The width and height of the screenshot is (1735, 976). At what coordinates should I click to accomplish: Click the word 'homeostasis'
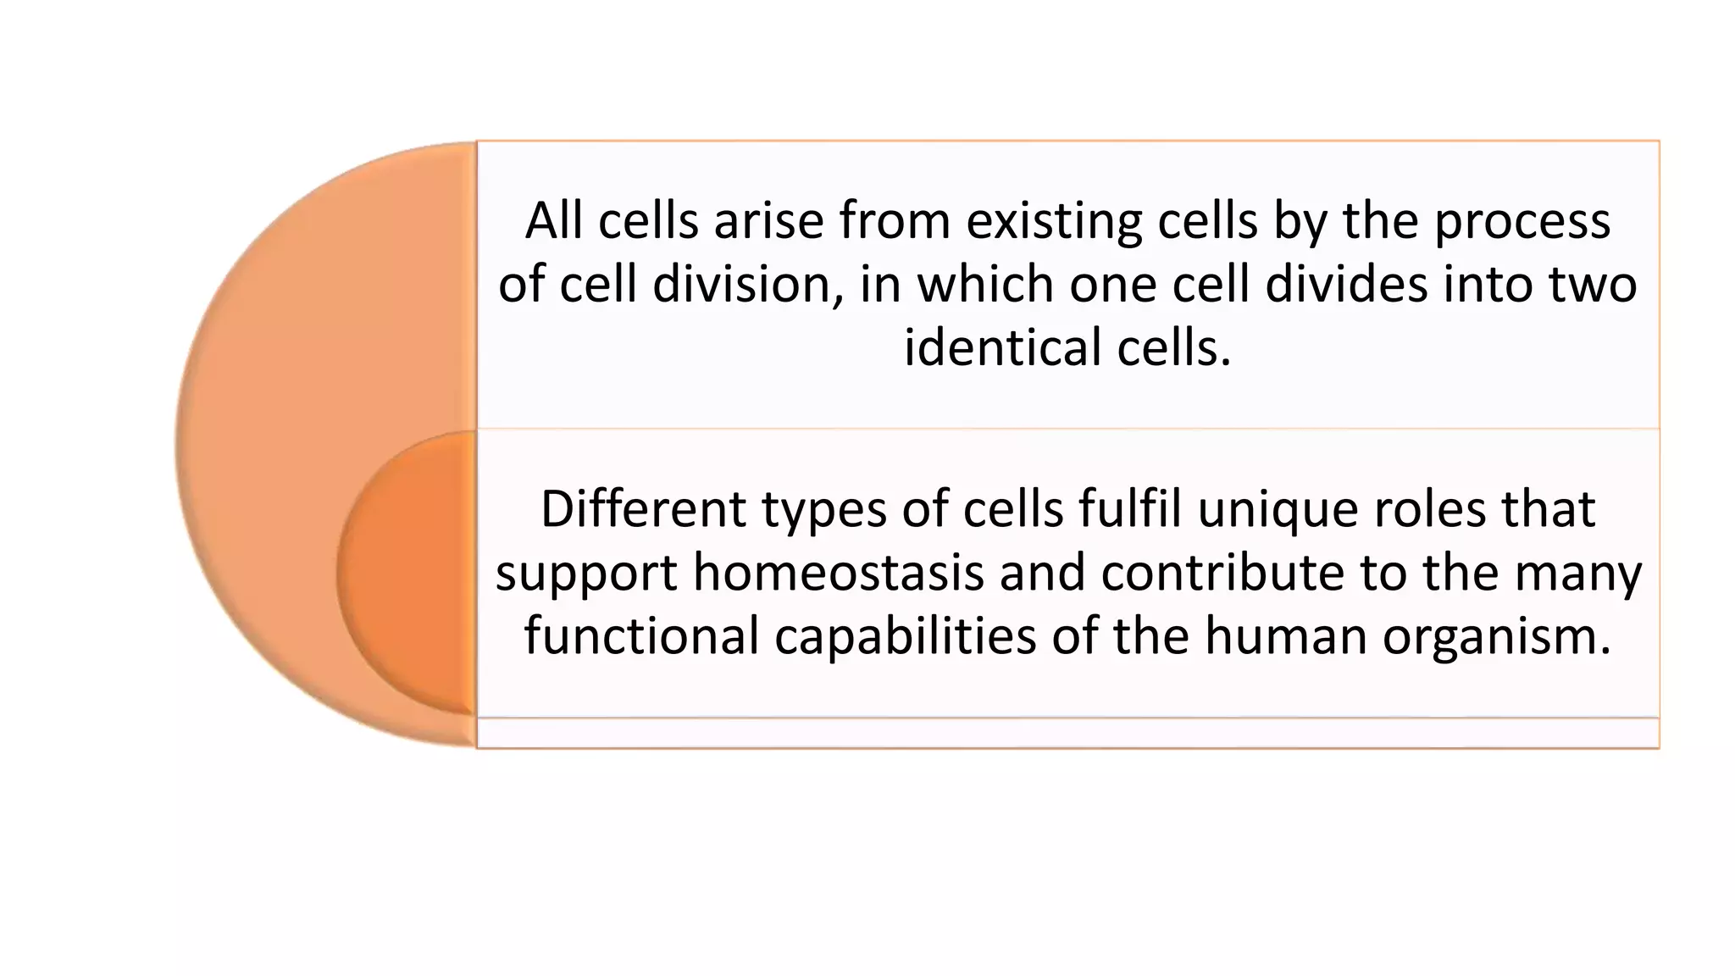(x=838, y=573)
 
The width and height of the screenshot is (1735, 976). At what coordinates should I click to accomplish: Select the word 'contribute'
(x=1223, y=573)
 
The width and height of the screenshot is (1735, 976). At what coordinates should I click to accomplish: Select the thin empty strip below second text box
(x=1067, y=733)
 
